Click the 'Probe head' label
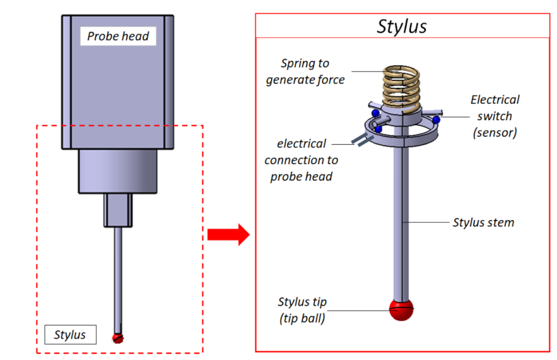point(118,37)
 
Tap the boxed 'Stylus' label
point(70,334)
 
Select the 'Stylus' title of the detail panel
point(402,27)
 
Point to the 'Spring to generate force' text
point(305,71)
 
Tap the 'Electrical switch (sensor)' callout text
point(494,115)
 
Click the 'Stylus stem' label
point(483,222)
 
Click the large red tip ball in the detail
point(402,310)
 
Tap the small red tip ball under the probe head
point(119,338)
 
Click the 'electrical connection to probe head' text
point(301,160)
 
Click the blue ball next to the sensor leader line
point(436,119)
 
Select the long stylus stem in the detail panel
point(403,218)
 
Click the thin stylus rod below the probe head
point(118,277)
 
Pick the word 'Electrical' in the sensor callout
point(494,100)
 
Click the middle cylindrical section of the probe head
point(118,171)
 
